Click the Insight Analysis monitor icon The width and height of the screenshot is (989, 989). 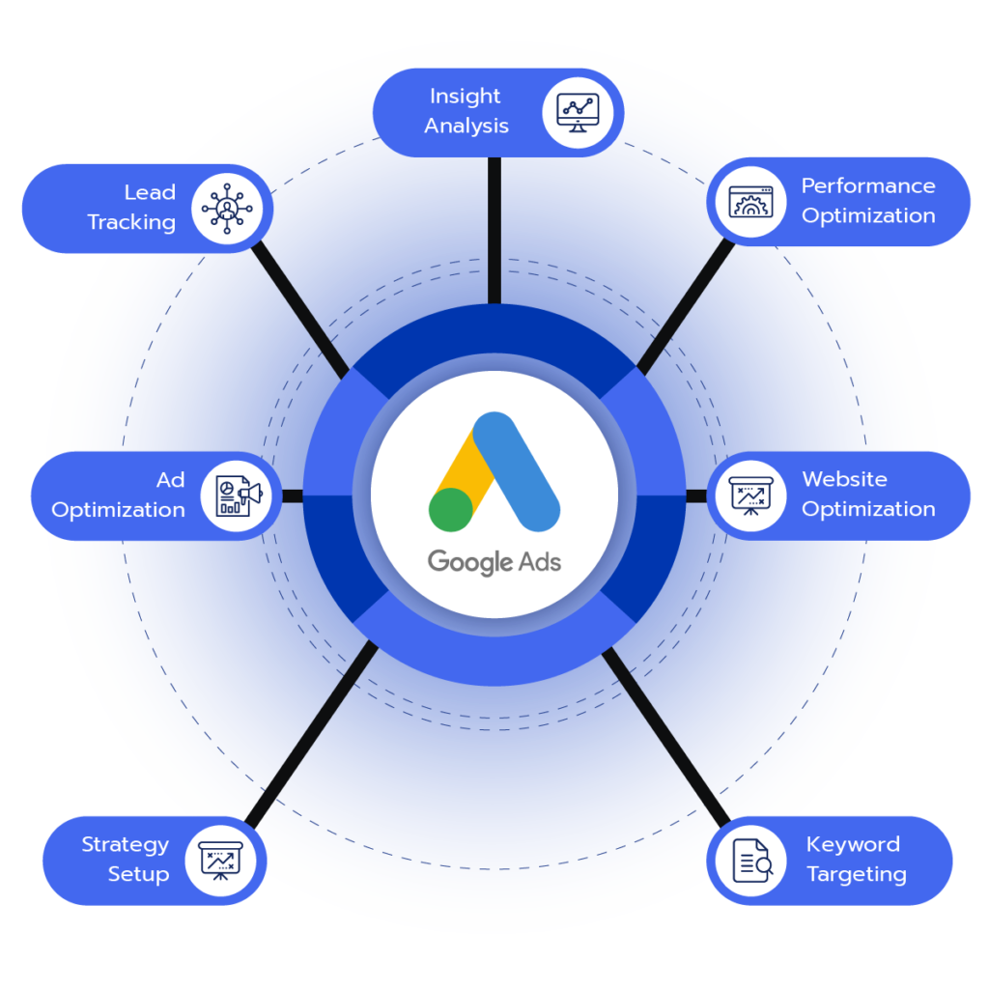[x=578, y=112]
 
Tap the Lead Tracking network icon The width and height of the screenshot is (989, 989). [x=226, y=208]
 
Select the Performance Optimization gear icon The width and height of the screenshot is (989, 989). [x=750, y=201]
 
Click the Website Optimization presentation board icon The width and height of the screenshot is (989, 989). [x=750, y=494]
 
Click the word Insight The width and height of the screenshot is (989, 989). [x=466, y=97]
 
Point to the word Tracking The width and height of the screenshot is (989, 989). [x=131, y=222]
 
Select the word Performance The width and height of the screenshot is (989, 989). [x=868, y=185]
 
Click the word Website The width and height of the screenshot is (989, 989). [x=844, y=479]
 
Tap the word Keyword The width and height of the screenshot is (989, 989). [x=853, y=845]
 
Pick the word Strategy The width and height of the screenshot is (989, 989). [x=126, y=845]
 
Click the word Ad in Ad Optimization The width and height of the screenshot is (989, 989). [x=170, y=480]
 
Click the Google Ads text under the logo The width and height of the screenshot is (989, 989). [x=494, y=561]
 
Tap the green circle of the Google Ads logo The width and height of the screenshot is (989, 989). [x=451, y=509]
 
